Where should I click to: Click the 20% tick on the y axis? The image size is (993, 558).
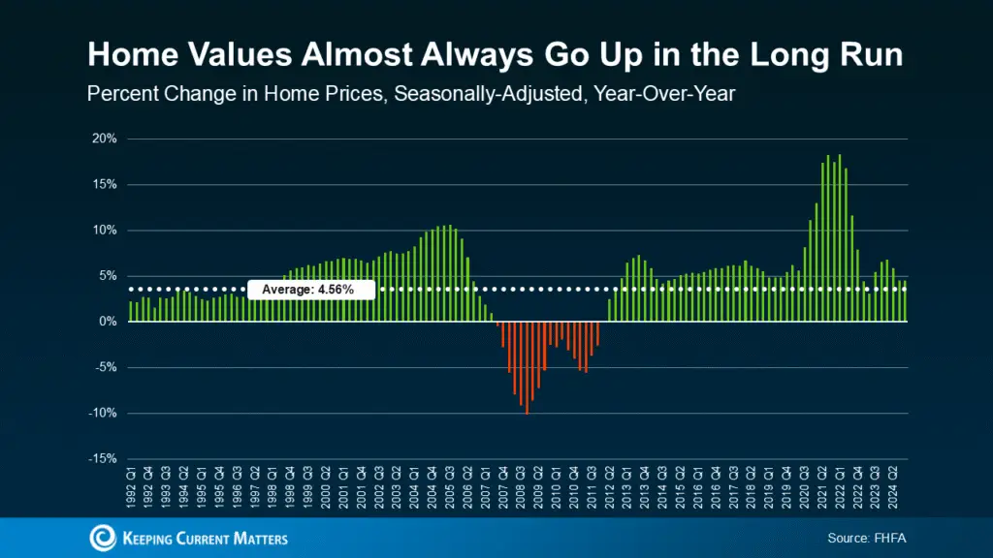click(104, 139)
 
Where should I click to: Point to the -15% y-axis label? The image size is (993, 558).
click(102, 459)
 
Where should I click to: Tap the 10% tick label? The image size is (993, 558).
click(104, 231)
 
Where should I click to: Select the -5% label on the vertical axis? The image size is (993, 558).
click(104, 367)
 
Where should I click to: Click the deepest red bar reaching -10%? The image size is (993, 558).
click(527, 367)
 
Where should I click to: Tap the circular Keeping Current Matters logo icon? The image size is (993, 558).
click(102, 538)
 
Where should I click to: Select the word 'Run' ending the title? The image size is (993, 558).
click(870, 55)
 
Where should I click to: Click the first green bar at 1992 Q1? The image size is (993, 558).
click(131, 311)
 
